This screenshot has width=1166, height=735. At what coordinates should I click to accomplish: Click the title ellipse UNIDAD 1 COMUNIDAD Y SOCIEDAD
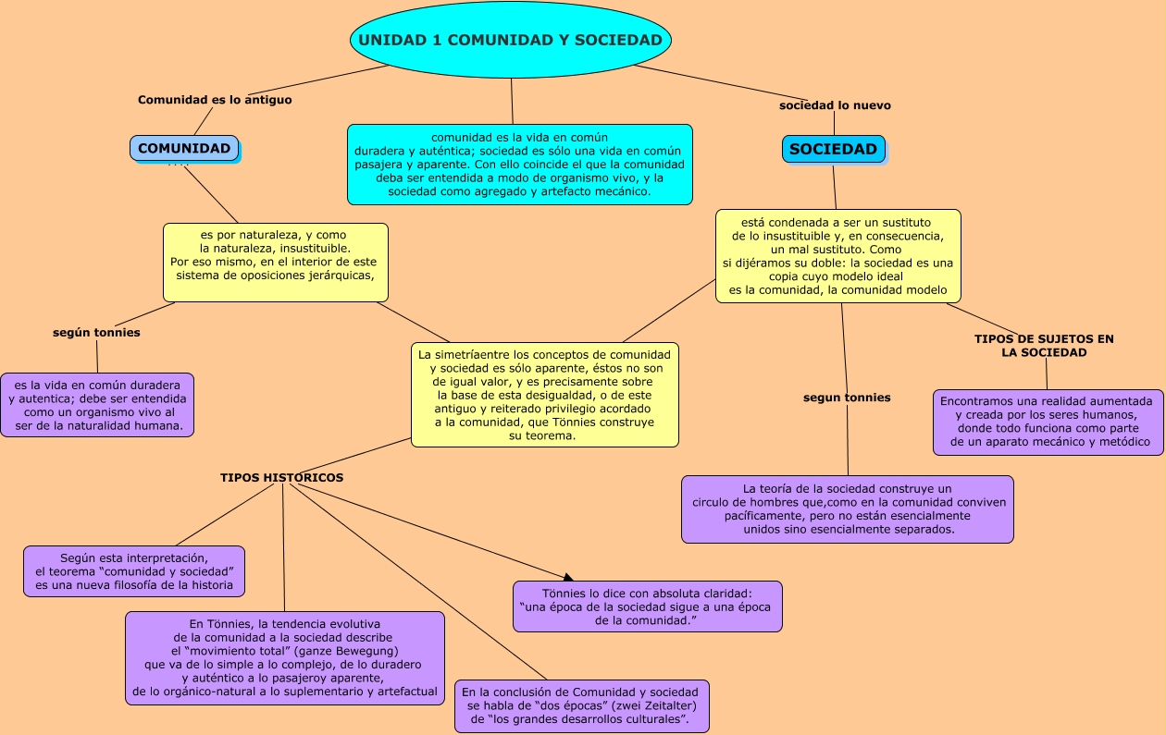tap(510, 40)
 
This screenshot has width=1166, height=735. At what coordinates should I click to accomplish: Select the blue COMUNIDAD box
tap(184, 149)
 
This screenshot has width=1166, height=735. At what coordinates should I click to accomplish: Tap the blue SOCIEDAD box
tap(833, 149)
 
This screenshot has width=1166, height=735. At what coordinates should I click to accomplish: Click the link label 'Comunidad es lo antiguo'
tap(215, 100)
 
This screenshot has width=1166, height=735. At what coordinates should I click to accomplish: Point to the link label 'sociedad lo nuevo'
tap(835, 105)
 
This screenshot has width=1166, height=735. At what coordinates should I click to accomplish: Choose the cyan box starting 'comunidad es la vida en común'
tap(519, 165)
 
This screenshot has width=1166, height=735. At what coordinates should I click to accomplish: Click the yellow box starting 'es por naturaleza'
tap(275, 262)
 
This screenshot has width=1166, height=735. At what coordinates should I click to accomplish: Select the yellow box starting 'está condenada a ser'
tap(837, 256)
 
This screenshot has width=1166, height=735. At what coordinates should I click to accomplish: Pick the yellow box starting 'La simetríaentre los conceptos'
tap(544, 395)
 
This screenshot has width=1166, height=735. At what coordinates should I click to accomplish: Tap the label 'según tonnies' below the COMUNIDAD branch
tap(96, 333)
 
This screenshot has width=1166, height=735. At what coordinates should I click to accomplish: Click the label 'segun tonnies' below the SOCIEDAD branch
tap(847, 398)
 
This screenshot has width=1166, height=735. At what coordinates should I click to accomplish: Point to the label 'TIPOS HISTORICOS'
tap(281, 478)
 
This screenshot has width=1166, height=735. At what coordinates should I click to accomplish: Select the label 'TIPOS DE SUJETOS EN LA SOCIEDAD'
tap(1044, 346)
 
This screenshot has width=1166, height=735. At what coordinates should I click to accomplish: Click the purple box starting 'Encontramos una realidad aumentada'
tap(1048, 423)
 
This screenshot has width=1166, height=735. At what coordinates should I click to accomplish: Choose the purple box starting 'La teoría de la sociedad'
tap(847, 509)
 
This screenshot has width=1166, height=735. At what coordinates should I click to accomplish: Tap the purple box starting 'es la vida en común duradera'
tap(97, 405)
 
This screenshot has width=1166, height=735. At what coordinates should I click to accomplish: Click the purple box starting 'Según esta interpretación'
tap(134, 571)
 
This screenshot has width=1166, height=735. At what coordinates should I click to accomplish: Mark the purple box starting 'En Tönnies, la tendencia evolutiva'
tap(284, 658)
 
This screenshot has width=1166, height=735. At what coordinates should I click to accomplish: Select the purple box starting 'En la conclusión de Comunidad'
tap(581, 705)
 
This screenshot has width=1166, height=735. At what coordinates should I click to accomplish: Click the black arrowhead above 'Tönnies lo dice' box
tap(568, 576)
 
